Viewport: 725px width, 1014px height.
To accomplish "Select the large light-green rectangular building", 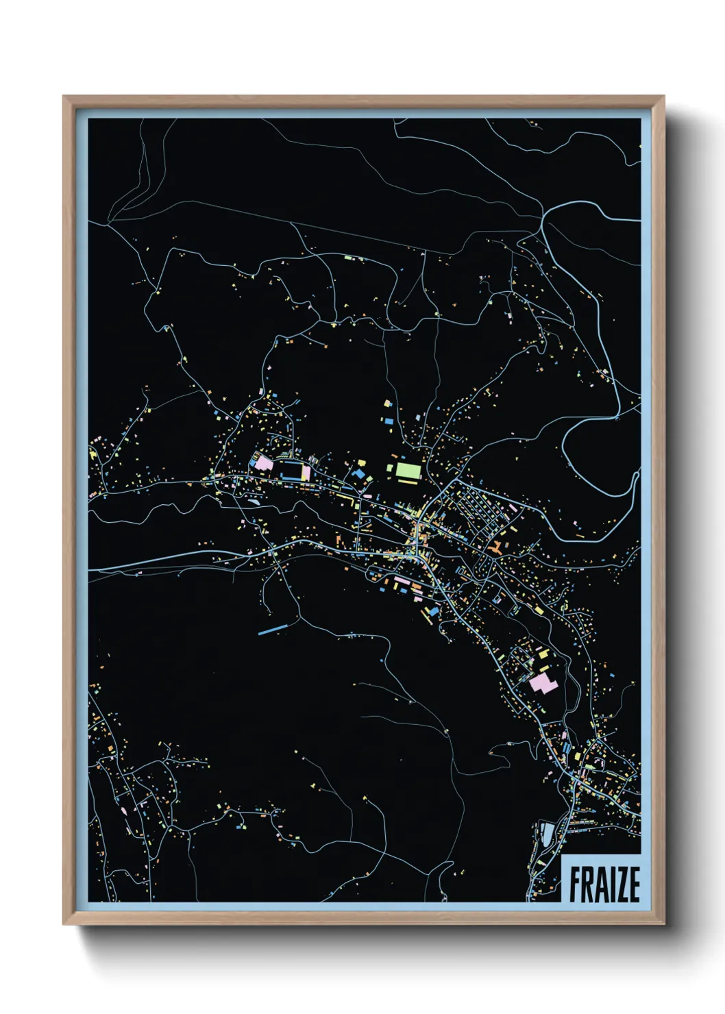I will coord(408,470).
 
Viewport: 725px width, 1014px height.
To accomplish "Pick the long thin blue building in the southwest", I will coord(272,628).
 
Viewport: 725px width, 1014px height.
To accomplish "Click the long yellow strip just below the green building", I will coord(409,482).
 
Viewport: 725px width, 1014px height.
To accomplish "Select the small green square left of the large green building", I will coord(389,468).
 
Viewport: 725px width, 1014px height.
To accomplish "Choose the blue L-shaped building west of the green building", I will coord(358,472).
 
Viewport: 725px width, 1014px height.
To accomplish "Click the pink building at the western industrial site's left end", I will coord(263,462).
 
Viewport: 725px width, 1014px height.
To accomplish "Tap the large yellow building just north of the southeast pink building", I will coord(543,654).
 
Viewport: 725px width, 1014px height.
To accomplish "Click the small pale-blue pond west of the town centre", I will coord(255,501).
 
